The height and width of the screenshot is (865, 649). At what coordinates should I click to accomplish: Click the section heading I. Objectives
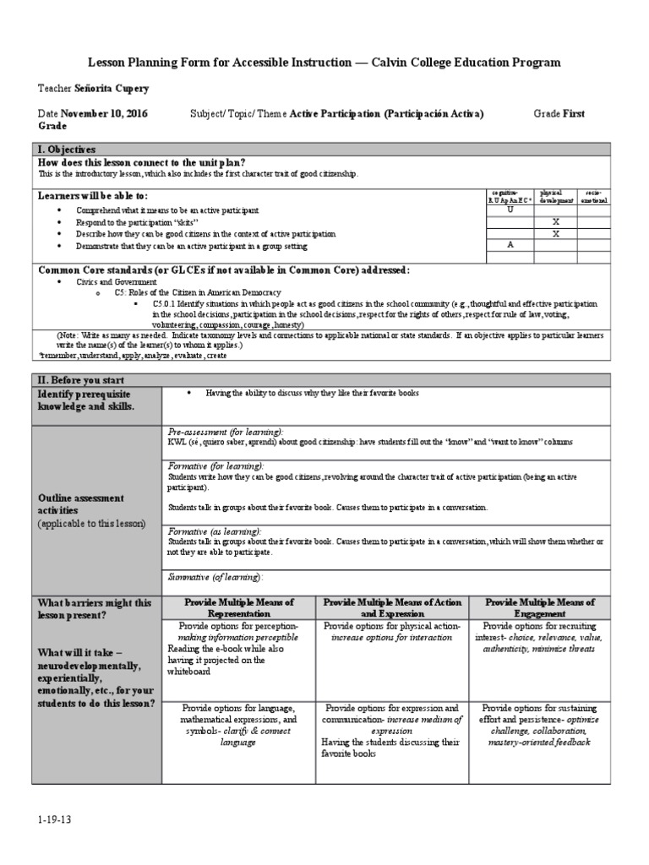pos(68,149)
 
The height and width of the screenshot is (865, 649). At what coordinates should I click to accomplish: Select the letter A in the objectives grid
pos(510,245)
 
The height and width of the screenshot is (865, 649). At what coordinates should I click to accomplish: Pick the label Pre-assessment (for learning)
pos(226,431)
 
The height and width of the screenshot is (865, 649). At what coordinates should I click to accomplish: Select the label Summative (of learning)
pos(215,577)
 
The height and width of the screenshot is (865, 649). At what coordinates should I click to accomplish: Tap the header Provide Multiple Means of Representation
pos(239,608)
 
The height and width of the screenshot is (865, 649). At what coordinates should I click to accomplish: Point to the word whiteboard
pos(195,672)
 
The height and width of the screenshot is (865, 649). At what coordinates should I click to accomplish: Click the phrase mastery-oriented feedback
pos(539,742)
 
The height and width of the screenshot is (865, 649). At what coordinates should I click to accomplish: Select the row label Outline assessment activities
pos(80,504)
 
